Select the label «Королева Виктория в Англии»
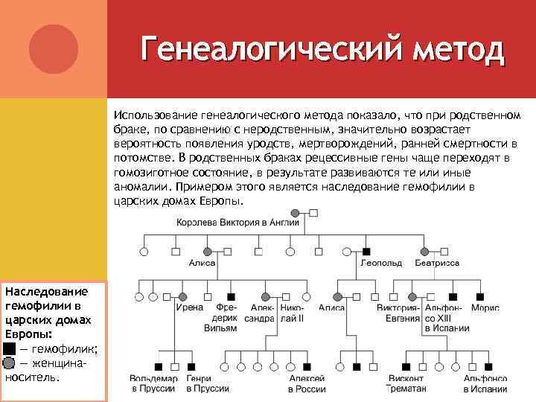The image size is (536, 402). pos(237,222)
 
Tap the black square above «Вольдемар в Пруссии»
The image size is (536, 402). pos(159,366)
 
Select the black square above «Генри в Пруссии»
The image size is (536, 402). pos(192,366)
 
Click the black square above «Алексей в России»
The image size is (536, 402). pos(307,366)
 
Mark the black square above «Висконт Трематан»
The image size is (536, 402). pos(406,366)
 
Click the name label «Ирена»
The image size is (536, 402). pos(188,307)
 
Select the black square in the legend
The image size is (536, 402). pos(9,348)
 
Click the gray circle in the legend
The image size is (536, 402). pos(9,363)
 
